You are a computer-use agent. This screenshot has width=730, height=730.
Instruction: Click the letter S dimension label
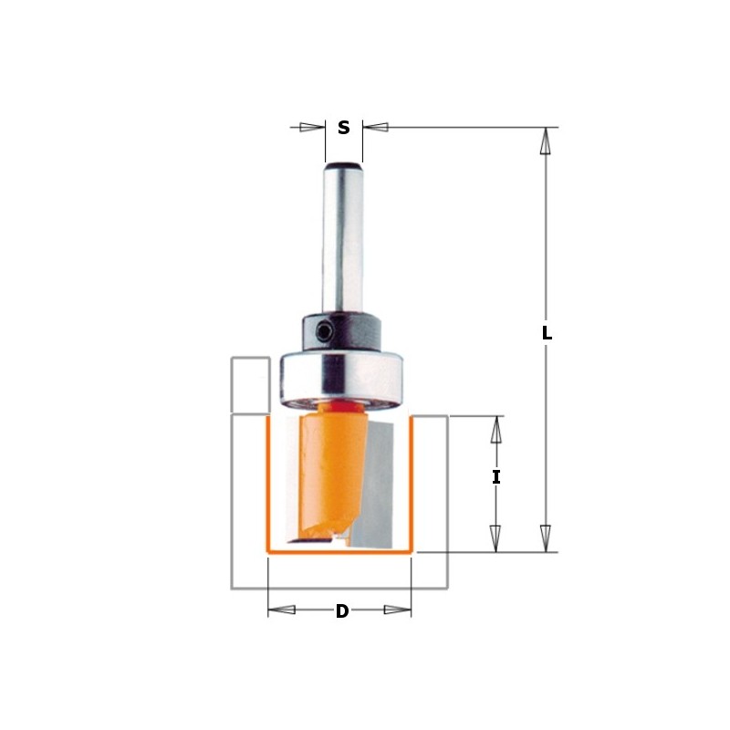(344, 128)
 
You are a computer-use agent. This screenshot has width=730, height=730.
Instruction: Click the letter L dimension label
(547, 334)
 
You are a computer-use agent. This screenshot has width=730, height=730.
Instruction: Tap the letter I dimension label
(496, 476)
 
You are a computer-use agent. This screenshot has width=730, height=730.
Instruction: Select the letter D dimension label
(342, 611)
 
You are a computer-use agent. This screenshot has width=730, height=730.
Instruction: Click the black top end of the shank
(343, 166)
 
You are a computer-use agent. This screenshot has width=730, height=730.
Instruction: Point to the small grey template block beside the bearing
(249, 384)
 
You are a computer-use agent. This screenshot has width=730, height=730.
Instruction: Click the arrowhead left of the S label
(313, 128)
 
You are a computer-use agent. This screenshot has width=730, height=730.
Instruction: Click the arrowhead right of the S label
(375, 128)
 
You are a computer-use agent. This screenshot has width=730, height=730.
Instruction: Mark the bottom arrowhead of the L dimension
(546, 538)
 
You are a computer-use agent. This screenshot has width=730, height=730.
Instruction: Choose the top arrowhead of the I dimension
(496, 430)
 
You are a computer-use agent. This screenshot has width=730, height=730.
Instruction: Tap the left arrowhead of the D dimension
(282, 610)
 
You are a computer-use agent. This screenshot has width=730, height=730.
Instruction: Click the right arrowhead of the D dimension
(398, 610)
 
